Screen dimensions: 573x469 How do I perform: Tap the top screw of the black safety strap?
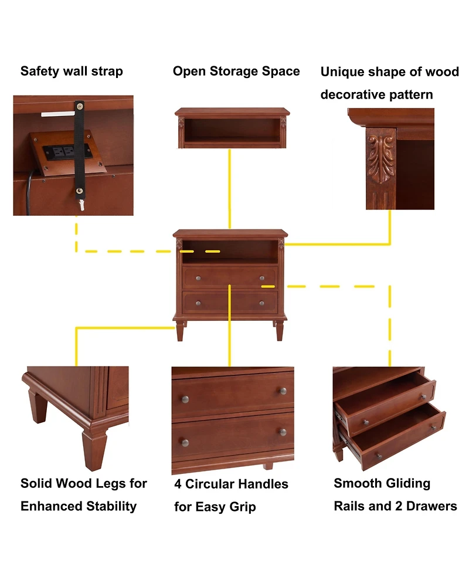[x=79, y=107]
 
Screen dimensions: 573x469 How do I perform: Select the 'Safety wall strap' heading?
[x=72, y=72]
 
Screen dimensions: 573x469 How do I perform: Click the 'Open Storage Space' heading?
[x=236, y=72]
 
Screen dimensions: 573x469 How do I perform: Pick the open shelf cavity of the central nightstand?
[x=229, y=252]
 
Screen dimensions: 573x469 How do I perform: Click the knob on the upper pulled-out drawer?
[x=365, y=422]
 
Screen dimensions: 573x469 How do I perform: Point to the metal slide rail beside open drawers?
[x=339, y=418]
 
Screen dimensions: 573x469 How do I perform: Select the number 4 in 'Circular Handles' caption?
[x=178, y=484]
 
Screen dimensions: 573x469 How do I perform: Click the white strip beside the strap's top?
[x=57, y=114]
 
